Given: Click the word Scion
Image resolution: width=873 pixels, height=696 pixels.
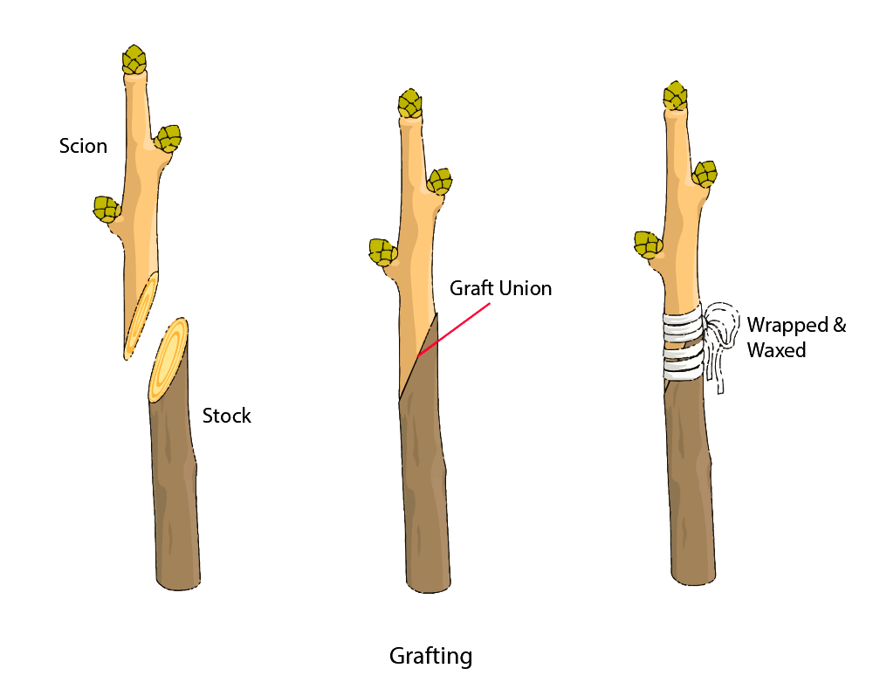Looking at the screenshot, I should tap(83, 146).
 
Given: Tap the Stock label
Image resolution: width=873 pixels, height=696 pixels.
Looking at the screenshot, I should tap(227, 416).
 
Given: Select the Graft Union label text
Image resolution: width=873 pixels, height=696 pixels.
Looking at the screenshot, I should tap(500, 288).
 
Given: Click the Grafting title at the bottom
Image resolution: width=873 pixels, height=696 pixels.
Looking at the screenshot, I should tap(430, 656).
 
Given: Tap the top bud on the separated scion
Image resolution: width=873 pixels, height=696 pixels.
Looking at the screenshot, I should tap(134, 60).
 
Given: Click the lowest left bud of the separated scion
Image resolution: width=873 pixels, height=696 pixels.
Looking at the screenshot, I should tap(107, 209).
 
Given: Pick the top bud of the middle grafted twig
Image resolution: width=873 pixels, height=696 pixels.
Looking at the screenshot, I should tap(410, 104).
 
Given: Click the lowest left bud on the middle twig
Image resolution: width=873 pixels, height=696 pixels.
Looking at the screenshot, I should tap(382, 252).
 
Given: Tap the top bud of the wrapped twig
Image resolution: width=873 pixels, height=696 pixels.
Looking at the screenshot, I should tap(675, 95).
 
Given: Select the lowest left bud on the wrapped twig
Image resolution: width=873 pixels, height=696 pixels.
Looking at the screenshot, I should tap(648, 244).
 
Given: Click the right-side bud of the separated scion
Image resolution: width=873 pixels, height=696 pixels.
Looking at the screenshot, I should tap(168, 138).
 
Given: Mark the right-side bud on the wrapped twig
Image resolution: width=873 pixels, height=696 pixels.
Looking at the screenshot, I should tap(705, 174).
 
